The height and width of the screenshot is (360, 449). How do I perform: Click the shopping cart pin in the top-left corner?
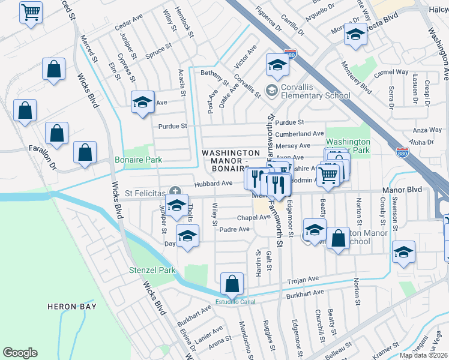point(31,11)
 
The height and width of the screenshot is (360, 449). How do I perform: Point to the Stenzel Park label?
point(152,270)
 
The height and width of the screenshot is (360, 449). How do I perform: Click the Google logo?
point(20,352)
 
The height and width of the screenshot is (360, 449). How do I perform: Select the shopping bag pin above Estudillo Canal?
point(232,283)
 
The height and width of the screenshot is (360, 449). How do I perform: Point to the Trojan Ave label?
point(303,280)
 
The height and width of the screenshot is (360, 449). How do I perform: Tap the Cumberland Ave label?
point(300,134)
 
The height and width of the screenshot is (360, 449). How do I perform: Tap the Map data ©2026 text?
point(423,355)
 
